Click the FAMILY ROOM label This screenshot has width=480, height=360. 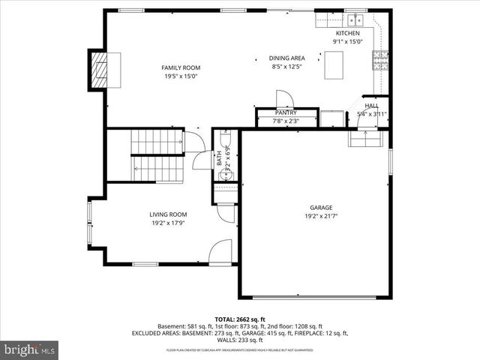(181, 67)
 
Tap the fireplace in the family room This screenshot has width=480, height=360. (99, 70)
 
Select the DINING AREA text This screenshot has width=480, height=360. (286, 58)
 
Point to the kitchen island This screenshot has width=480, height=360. (335, 67)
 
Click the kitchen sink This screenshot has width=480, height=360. (354, 20)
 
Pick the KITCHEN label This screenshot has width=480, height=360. (347, 33)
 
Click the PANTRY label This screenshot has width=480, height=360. (285, 112)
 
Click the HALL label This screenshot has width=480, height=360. (371, 106)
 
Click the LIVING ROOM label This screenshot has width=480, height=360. (168, 214)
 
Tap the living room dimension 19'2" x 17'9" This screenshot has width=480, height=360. (168, 222)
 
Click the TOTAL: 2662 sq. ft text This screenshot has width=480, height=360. (240, 319)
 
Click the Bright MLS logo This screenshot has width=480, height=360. (30, 349)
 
